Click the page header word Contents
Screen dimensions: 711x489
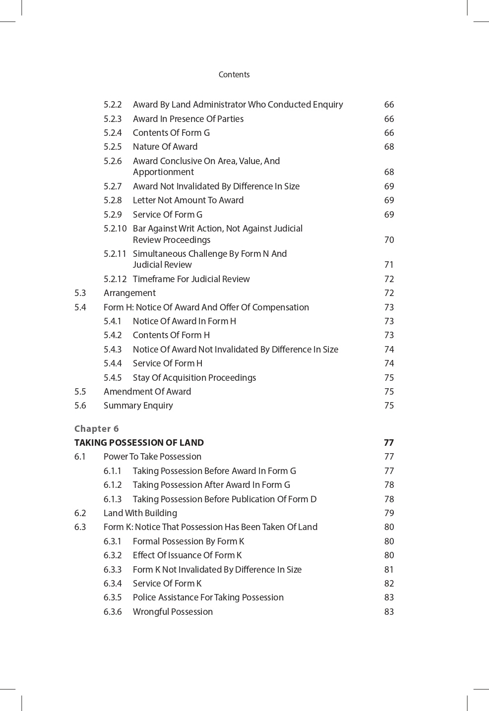pos(234,74)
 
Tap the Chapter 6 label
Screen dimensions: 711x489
pos(96,428)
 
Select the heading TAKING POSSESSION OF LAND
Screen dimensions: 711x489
pos(139,442)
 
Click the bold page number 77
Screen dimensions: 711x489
pos(388,442)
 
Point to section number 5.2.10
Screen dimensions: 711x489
pos(115,228)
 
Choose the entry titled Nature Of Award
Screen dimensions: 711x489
pos(165,147)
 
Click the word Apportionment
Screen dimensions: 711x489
pos(163,172)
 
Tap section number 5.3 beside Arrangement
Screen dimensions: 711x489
pos(80,293)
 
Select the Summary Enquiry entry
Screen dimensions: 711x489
pos(138,406)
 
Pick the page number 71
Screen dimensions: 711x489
pos(389,265)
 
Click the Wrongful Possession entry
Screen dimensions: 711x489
pos(173,612)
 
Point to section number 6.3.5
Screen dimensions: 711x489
pos(113,597)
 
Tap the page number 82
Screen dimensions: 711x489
pos(389,584)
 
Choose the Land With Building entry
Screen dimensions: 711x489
pos(140,513)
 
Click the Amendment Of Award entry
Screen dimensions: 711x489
pos(147,392)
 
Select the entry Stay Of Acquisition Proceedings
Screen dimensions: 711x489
pos(194,378)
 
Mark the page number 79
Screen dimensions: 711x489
pos(389,513)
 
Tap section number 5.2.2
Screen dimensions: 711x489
pos(113,105)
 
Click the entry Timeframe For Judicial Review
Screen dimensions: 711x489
pos(191,279)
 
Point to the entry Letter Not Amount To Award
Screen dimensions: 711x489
pos(188,200)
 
